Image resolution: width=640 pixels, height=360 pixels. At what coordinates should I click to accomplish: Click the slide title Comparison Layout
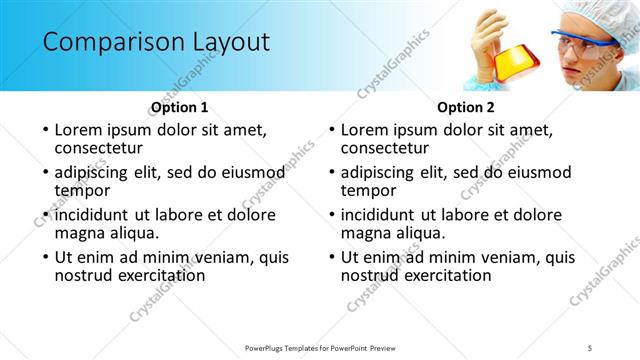pos(156,42)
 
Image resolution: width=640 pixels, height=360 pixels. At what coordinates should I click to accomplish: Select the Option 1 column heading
pos(180,107)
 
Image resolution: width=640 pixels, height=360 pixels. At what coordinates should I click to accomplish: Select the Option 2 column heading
pos(466,107)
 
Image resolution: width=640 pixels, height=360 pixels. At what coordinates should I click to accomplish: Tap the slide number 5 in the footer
pos(590,347)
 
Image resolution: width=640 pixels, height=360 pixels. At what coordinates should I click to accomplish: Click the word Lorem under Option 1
pos(79,130)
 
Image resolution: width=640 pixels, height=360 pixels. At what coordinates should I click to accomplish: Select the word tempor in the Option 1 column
pos(82,190)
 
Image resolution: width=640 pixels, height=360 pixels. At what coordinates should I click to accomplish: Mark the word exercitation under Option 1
pos(164,275)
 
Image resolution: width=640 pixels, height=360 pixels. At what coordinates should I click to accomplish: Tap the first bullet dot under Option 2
pos(331,131)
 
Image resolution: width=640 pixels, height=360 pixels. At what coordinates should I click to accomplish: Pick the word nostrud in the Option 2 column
pos(370,275)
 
